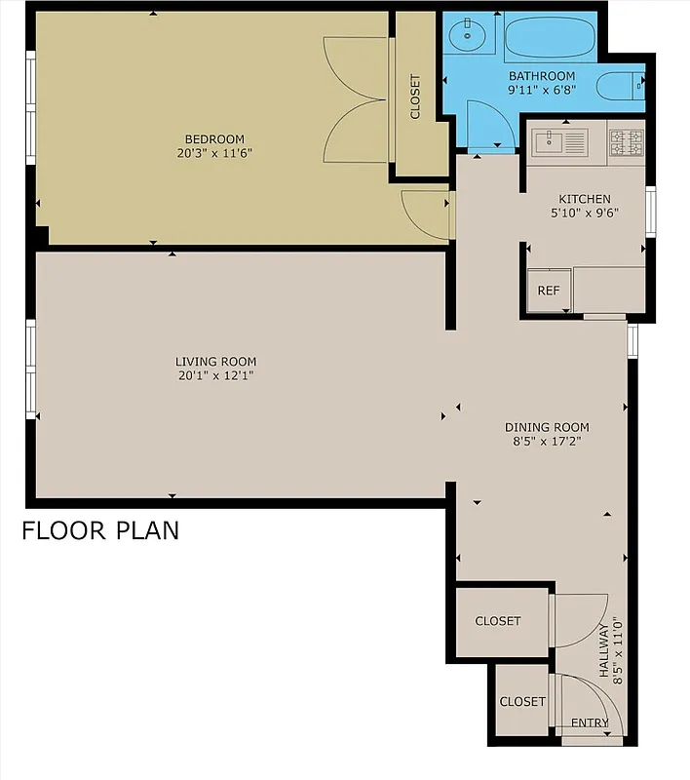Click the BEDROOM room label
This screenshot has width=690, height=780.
(214, 138)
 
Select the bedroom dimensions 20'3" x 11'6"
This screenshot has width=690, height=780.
(214, 153)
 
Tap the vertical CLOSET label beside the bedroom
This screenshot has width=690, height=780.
(415, 97)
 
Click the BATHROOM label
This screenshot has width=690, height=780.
(542, 76)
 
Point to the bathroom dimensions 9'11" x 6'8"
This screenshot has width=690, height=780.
(542, 90)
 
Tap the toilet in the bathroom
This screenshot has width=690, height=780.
(620, 86)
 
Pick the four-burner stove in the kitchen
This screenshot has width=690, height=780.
(626, 143)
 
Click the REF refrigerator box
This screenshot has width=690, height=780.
(549, 291)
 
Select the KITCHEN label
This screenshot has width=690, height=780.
(585, 199)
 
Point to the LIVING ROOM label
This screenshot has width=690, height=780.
(216, 362)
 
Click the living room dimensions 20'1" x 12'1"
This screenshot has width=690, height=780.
(216, 375)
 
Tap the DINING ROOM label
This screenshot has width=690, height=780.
(547, 427)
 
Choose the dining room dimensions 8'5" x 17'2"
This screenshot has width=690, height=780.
(547, 442)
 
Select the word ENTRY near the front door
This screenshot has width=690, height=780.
(590, 723)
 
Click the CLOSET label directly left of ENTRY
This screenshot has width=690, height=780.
(522, 701)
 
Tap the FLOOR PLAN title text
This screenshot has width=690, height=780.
(100, 531)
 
